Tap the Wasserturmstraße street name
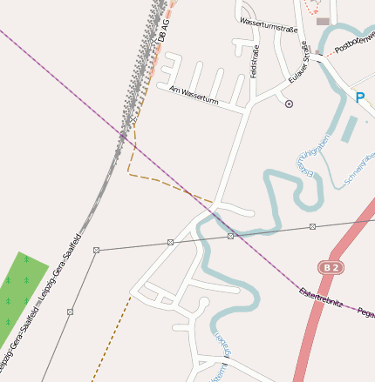tap(269, 26)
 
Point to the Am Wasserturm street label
tap(194, 95)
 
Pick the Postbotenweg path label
tap(356, 43)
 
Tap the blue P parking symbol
tap(360, 97)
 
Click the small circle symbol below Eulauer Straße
tap(289, 104)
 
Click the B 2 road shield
tap(328, 267)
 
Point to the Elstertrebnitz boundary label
tap(320, 298)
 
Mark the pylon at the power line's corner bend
tap(97, 251)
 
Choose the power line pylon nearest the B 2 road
tap(311, 227)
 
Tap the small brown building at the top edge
tap(323, 21)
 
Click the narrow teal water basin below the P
tap(348, 129)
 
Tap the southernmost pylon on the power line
tap(70, 311)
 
